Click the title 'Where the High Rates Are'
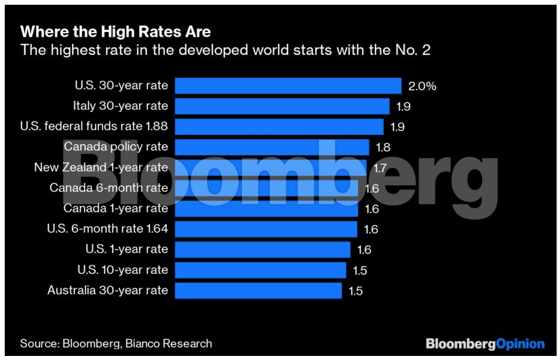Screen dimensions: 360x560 point(116,31)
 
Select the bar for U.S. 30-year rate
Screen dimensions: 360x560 point(288,85)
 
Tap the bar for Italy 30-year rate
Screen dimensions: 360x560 point(282,106)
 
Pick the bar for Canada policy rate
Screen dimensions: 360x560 point(272,147)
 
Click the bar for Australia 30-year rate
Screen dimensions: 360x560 point(258,290)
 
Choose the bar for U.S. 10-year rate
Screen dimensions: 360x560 point(260,270)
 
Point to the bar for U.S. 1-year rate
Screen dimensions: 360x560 point(262,249)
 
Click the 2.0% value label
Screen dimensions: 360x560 point(422,86)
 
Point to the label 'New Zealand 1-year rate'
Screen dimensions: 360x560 point(100,167)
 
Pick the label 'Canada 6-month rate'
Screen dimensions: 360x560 point(108,188)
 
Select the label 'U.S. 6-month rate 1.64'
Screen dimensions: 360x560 point(107,228)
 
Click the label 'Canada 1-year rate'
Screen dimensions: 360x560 point(115,208)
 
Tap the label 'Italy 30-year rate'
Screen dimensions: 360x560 point(120,106)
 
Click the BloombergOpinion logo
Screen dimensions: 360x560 point(485,344)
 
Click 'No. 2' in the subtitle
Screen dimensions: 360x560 point(416,49)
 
